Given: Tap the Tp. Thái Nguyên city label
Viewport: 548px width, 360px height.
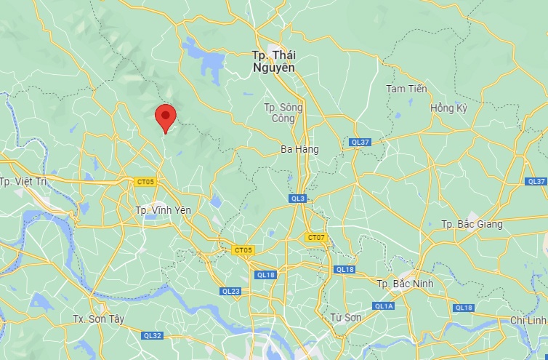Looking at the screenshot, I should pyautogui.click(x=274, y=61).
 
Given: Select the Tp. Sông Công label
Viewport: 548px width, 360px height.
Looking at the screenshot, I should pyautogui.click(x=283, y=112).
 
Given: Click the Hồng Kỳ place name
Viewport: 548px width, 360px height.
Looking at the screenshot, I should pyautogui.click(x=448, y=108).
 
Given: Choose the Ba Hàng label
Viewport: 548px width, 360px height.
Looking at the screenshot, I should pyautogui.click(x=299, y=149).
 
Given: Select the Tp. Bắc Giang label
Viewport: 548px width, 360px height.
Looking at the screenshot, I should pyautogui.click(x=471, y=224).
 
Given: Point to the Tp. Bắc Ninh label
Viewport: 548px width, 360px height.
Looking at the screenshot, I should pyautogui.click(x=405, y=283).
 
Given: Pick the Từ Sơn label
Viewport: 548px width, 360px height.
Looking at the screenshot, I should pyautogui.click(x=346, y=317).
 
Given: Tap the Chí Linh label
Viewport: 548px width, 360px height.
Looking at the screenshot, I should pyautogui.click(x=528, y=321).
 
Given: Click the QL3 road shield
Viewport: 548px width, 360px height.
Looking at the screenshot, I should pyautogui.click(x=298, y=199).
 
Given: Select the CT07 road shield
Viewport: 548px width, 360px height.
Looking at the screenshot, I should pyautogui.click(x=316, y=238).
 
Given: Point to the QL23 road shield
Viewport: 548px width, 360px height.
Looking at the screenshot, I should pyautogui.click(x=230, y=291).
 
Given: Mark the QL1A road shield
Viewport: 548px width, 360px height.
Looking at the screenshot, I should pyautogui.click(x=384, y=306).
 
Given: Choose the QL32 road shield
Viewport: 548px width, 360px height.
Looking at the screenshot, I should pyautogui.click(x=153, y=335).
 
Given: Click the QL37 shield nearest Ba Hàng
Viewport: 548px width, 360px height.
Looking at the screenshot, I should pyautogui.click(x=360, y=142).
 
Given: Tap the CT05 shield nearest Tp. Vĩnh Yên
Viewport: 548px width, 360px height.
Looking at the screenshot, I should pyautogui.click(x=145, y=182).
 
